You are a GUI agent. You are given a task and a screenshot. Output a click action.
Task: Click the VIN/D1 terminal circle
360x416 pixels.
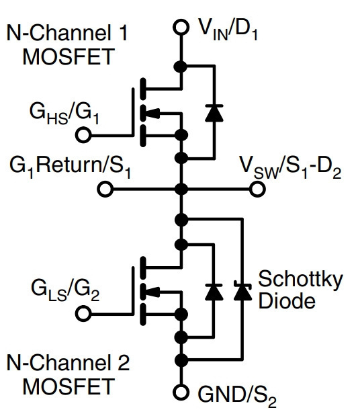coord(181,27)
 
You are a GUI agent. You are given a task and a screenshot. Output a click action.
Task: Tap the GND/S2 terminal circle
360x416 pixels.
coord(181,392)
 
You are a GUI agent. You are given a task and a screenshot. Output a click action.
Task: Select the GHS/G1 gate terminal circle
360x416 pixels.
coord(83,135)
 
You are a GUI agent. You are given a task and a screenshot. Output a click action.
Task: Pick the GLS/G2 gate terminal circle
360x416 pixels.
coord(83,314)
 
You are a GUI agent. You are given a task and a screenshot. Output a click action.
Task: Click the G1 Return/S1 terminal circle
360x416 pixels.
coord(105,190)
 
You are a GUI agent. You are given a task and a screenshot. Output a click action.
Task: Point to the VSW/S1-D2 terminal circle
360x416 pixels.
coord(257,190)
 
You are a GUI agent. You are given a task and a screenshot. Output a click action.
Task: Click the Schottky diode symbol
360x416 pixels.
coord(242,292)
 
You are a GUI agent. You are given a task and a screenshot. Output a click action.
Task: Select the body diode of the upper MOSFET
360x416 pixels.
coord(214,114)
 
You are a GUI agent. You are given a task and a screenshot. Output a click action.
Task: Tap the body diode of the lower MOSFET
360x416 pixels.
coord(214,292)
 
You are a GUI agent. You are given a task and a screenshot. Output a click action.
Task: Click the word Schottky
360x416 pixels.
coord(301,280)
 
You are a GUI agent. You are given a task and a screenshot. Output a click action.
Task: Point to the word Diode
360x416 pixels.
coord(287,300)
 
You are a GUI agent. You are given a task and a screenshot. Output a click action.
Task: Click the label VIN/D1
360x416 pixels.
coord(228,30)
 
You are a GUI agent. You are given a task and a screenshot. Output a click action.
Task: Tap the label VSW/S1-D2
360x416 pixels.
coord(290,168)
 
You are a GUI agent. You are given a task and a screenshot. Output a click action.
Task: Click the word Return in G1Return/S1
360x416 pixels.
coord(67,165)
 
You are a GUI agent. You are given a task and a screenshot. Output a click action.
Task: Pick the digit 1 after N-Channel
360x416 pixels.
coord(122,33)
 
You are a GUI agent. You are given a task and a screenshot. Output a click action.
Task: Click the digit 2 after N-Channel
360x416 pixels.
coord(124,362)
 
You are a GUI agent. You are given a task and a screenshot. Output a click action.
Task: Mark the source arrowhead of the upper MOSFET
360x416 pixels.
coord(152,114)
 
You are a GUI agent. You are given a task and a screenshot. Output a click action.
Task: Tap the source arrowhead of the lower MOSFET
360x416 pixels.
coord(152,292)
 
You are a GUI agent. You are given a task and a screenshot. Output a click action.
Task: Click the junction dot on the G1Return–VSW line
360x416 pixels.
coord(181,190)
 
